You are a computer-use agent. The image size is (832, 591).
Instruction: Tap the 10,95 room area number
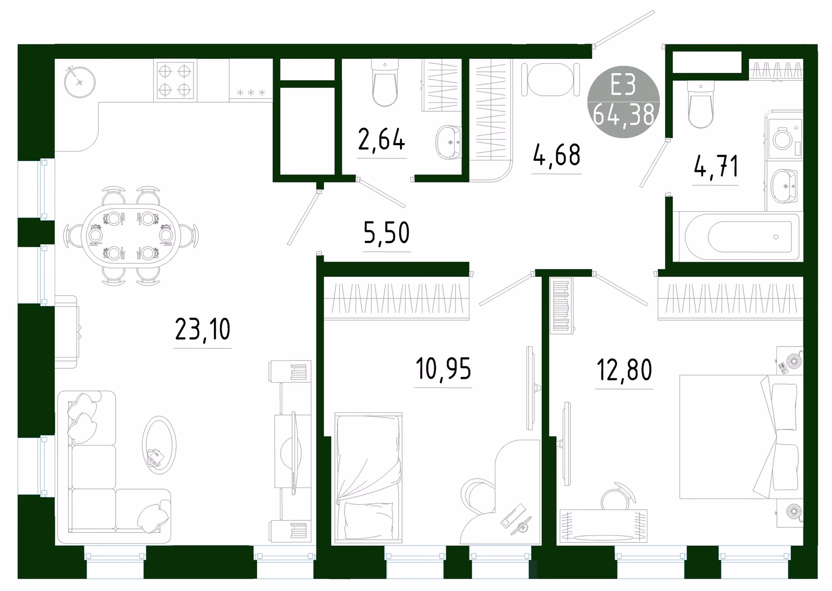coord(443,369)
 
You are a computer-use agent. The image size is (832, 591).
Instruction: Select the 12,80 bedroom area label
coord(624,370)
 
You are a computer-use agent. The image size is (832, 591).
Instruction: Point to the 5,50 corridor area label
coord(387,233)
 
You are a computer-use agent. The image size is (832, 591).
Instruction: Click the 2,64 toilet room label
coord(381,140)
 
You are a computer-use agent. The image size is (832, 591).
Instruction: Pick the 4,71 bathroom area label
coord(715,166)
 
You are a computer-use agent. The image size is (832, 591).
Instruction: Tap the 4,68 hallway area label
coord(556,155)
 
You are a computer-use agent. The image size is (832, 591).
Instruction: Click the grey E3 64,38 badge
coord(624,102)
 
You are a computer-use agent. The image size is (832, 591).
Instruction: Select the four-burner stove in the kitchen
coord(175,80)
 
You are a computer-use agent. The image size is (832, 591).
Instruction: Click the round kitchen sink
coord(80,82)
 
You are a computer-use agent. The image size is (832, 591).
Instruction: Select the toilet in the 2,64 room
coord(385,83)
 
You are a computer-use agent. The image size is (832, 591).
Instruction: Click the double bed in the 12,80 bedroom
coord(739,437)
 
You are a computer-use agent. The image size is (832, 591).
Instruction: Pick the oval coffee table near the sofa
coord(159,445)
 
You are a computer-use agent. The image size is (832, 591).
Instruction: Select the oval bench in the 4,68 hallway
coord(551,80)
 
